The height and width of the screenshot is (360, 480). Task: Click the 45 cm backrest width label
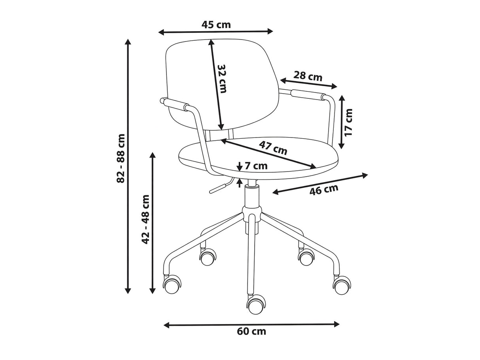pos(216,25)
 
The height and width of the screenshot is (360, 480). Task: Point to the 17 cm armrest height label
pos(348,123)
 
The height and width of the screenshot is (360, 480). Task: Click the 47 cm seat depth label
pos(273,148)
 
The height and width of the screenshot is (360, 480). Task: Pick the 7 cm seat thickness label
pos(256,166)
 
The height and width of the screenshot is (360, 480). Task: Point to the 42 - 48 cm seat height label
pos(146,219)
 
